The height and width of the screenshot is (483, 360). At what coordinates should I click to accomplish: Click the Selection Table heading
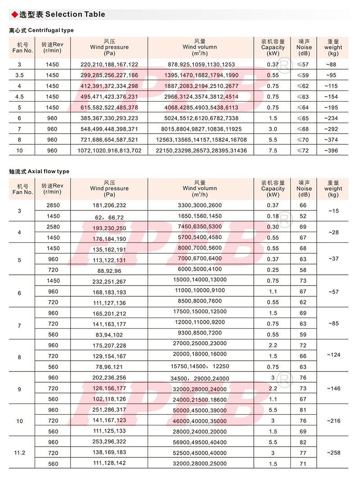62,14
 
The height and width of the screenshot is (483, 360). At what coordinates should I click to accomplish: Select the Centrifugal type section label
41,31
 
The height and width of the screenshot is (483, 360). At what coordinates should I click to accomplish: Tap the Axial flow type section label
39,171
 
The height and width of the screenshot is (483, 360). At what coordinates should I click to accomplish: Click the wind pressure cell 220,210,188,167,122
109,65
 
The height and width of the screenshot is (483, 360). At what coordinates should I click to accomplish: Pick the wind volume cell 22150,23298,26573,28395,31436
201,151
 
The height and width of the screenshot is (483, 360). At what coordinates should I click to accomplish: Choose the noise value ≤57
304,65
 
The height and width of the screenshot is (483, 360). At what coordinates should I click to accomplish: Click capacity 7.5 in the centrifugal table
273,151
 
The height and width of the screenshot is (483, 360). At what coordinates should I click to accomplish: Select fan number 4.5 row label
19,97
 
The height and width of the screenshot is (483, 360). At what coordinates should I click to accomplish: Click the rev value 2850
53,206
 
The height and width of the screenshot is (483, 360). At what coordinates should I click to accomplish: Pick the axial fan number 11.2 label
19,453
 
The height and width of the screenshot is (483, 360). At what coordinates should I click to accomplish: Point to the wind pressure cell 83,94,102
109,335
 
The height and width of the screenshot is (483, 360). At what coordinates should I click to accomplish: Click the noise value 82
303,443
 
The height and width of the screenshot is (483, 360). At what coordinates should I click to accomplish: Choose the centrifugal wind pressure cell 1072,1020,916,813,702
109,151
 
